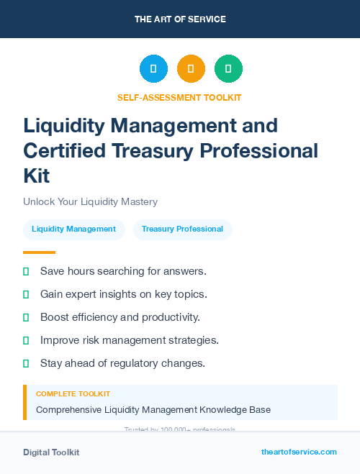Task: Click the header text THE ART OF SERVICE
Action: [180, 19]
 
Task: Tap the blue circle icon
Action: [153, 68]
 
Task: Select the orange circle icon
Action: [191, 68]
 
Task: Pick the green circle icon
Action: [228, 68]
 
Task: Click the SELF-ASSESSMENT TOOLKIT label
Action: [179, 97]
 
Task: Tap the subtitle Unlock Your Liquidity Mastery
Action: [90, 202]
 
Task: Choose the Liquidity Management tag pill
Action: [74, 229]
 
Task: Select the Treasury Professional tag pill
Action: [182, 229]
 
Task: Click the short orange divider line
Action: [39, 252]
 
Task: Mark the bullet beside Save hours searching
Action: [26, 271]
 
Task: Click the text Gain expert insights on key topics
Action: [123, 294]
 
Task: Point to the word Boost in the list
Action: [55, 317]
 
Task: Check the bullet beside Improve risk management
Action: [26, 340]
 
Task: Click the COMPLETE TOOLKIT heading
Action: [73, 394]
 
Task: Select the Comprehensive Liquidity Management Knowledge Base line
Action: [153, 410]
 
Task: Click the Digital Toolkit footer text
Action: [51, 452]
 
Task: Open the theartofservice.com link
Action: [299, 452]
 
